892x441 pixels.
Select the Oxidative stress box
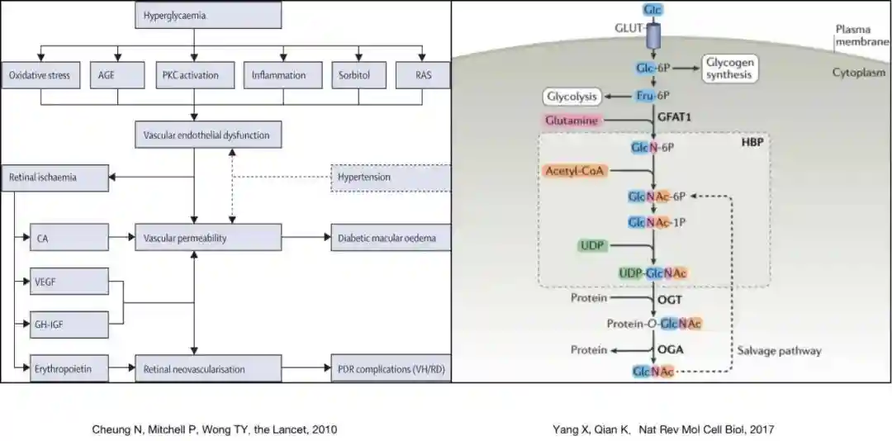click(40, 75)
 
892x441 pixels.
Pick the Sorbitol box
click(353, 75)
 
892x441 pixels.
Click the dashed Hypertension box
click(391, 177)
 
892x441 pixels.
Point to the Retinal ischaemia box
click(56, 177)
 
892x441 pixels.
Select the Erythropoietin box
click(69, 368)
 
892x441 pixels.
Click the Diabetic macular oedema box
click(390, 239)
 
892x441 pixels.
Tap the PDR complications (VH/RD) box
click(390, 368)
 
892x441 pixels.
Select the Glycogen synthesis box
click(729, 69)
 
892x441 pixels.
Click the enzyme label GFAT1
click(674, 117)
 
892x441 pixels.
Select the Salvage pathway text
click(779, 350)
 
